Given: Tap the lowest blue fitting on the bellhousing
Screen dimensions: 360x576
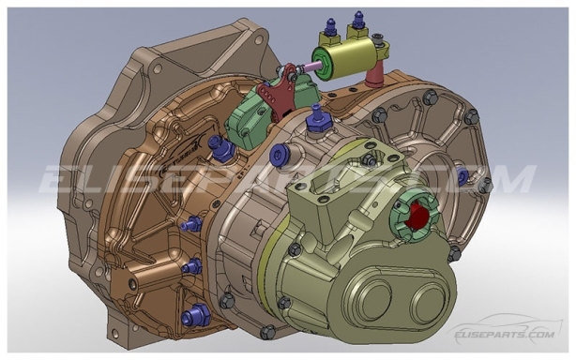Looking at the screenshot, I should click(x=195, y=316).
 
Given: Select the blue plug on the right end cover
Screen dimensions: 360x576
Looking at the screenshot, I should click(x=462, y=175).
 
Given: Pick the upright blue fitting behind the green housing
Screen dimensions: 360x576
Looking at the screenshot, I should click(x=317, y=117).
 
